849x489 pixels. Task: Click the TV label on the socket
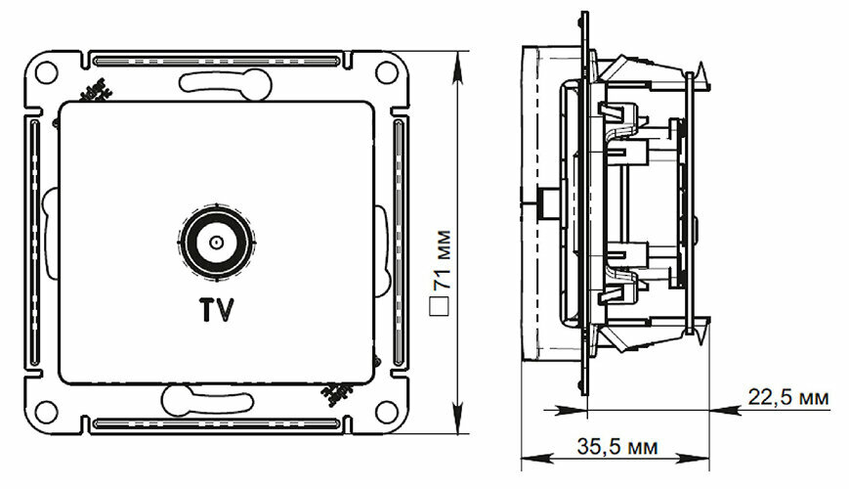tap(217, 311)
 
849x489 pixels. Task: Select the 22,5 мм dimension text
tap(789, 398)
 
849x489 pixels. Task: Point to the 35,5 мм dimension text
tap(615, 446)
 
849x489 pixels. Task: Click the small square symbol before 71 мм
tap(440, 306)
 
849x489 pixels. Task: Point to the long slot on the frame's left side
tap(36, 240)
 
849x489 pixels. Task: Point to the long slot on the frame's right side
tap(398, 240)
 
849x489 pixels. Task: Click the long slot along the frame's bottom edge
tap(216, 424)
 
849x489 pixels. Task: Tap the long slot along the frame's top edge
tap(216, 56)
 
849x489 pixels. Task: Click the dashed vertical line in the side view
tap(538, 196)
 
